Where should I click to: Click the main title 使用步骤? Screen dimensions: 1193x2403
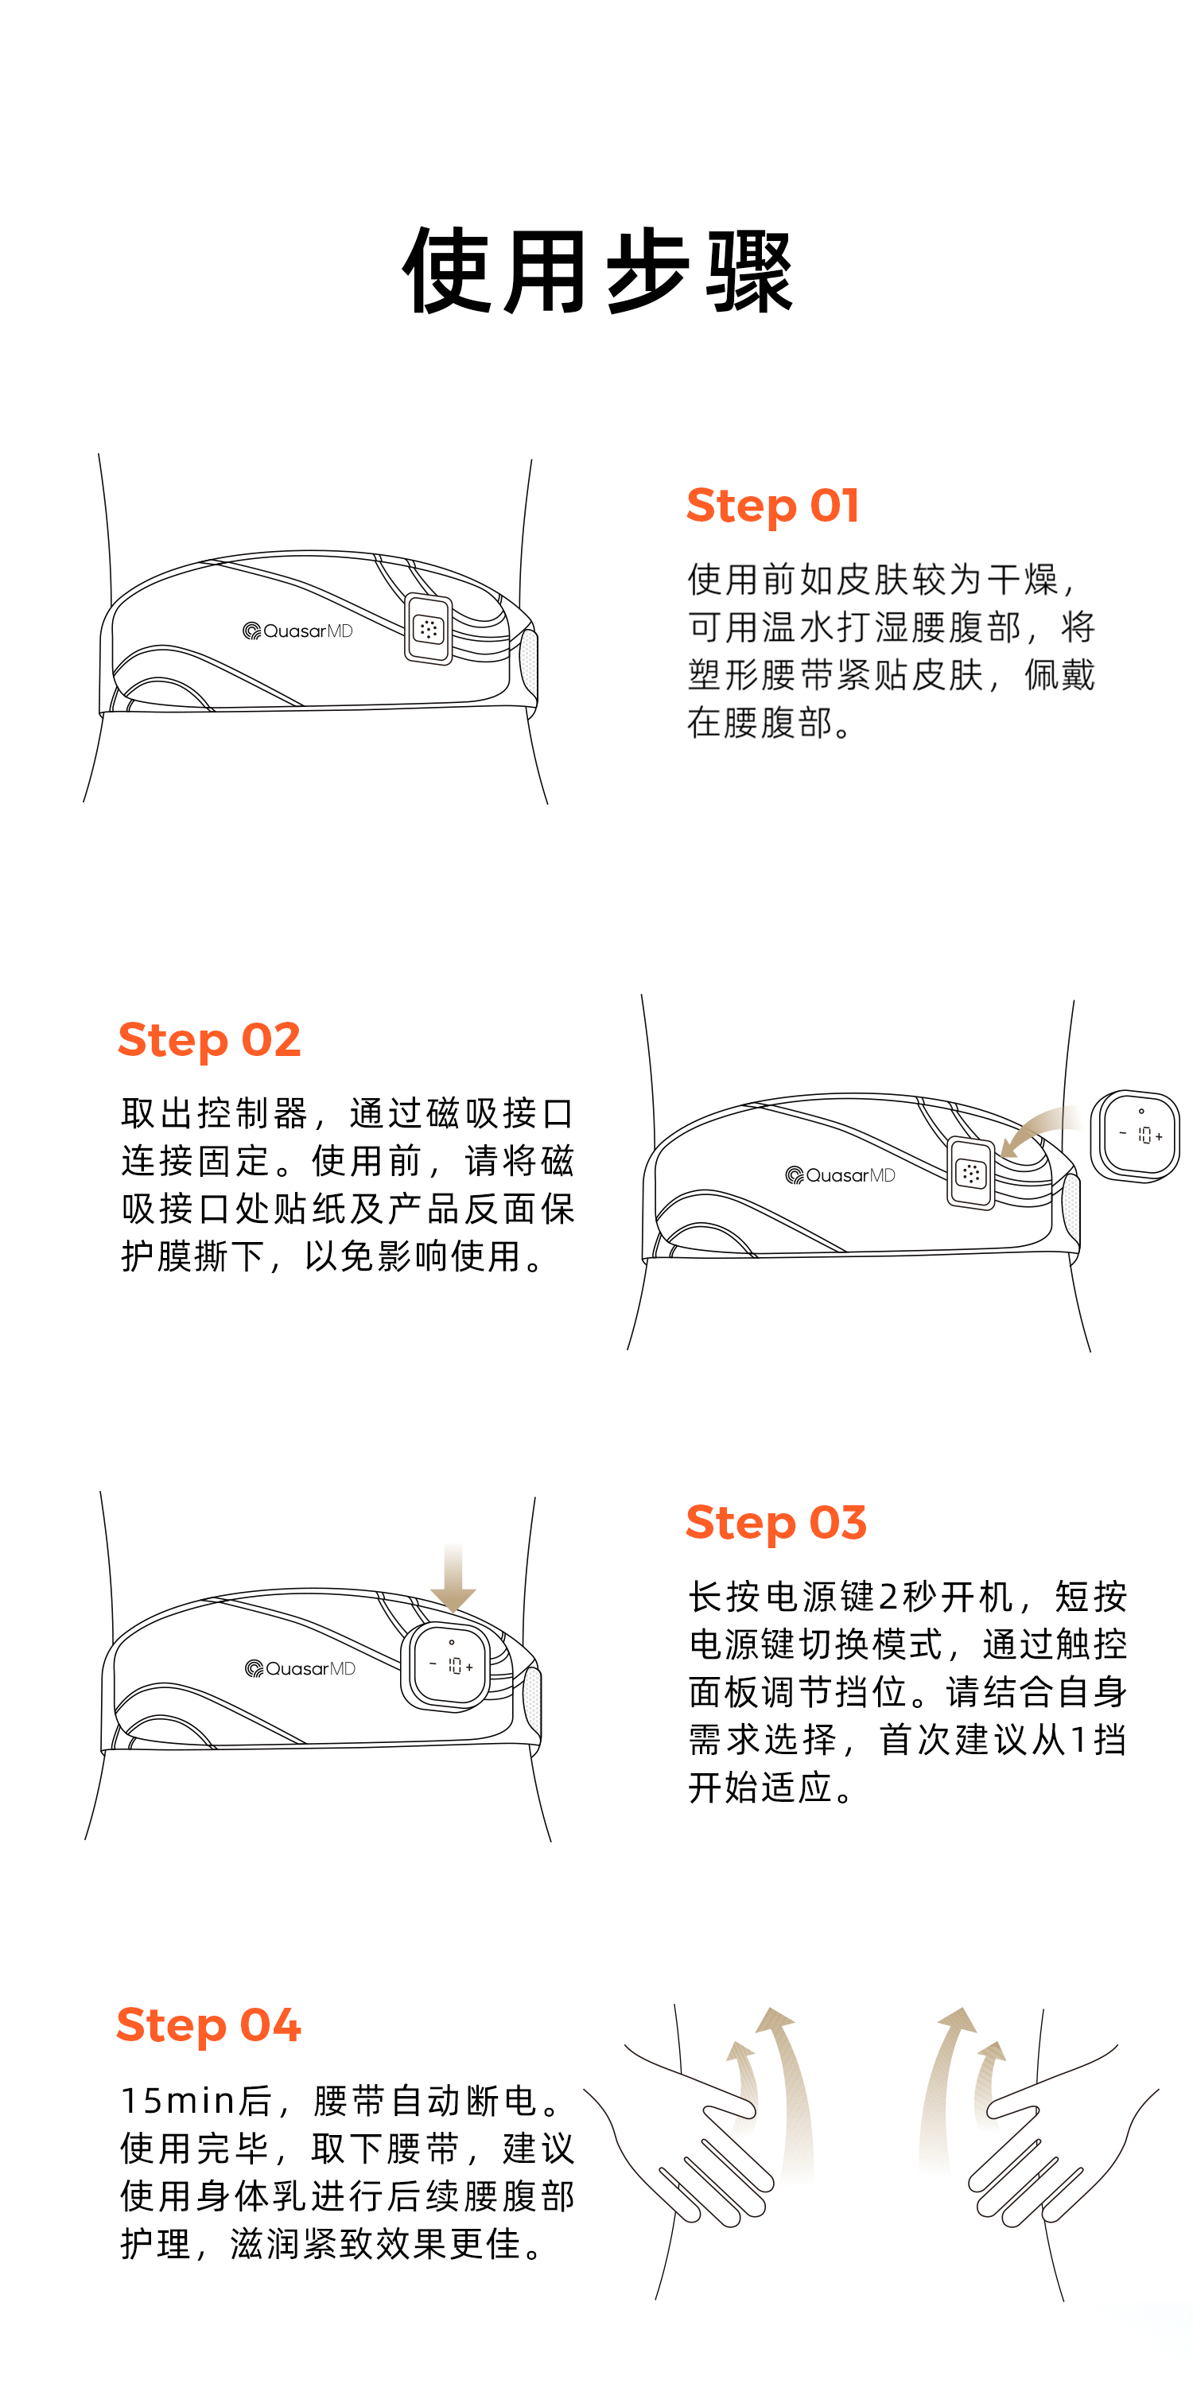pyautogui.click(x=597, y=270)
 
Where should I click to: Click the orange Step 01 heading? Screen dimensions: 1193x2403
pyautogui.click(x=772, y=507)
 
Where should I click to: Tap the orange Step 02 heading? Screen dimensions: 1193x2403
pyautogui.click(x=209, y=1040)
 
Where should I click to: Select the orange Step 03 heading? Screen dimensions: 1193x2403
pyautogui.click(x=776, y=1523)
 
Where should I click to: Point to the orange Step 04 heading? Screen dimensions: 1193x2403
pyautogui.click(x=208, y=2025)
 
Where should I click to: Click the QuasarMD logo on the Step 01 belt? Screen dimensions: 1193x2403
pyautogui.click(x=297, y=631)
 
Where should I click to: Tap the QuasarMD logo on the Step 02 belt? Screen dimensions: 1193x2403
pyautogui.click(x=841, y=1175)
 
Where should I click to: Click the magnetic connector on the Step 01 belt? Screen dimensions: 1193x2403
pyautogui.click(x=428, y=630)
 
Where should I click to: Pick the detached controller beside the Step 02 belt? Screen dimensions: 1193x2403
pyautogui.click(x=1135, y=1136)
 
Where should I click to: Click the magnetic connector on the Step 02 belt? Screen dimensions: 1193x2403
pyautogui.click(x=971, y=1174)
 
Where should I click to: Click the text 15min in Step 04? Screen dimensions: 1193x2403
pyautogui.click(x=179, y=2102)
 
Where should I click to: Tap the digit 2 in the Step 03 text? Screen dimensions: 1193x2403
pyautogui.click(x=888, y=1597)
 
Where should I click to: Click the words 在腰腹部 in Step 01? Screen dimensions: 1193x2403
pyautogui.click(x=760, y=723)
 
